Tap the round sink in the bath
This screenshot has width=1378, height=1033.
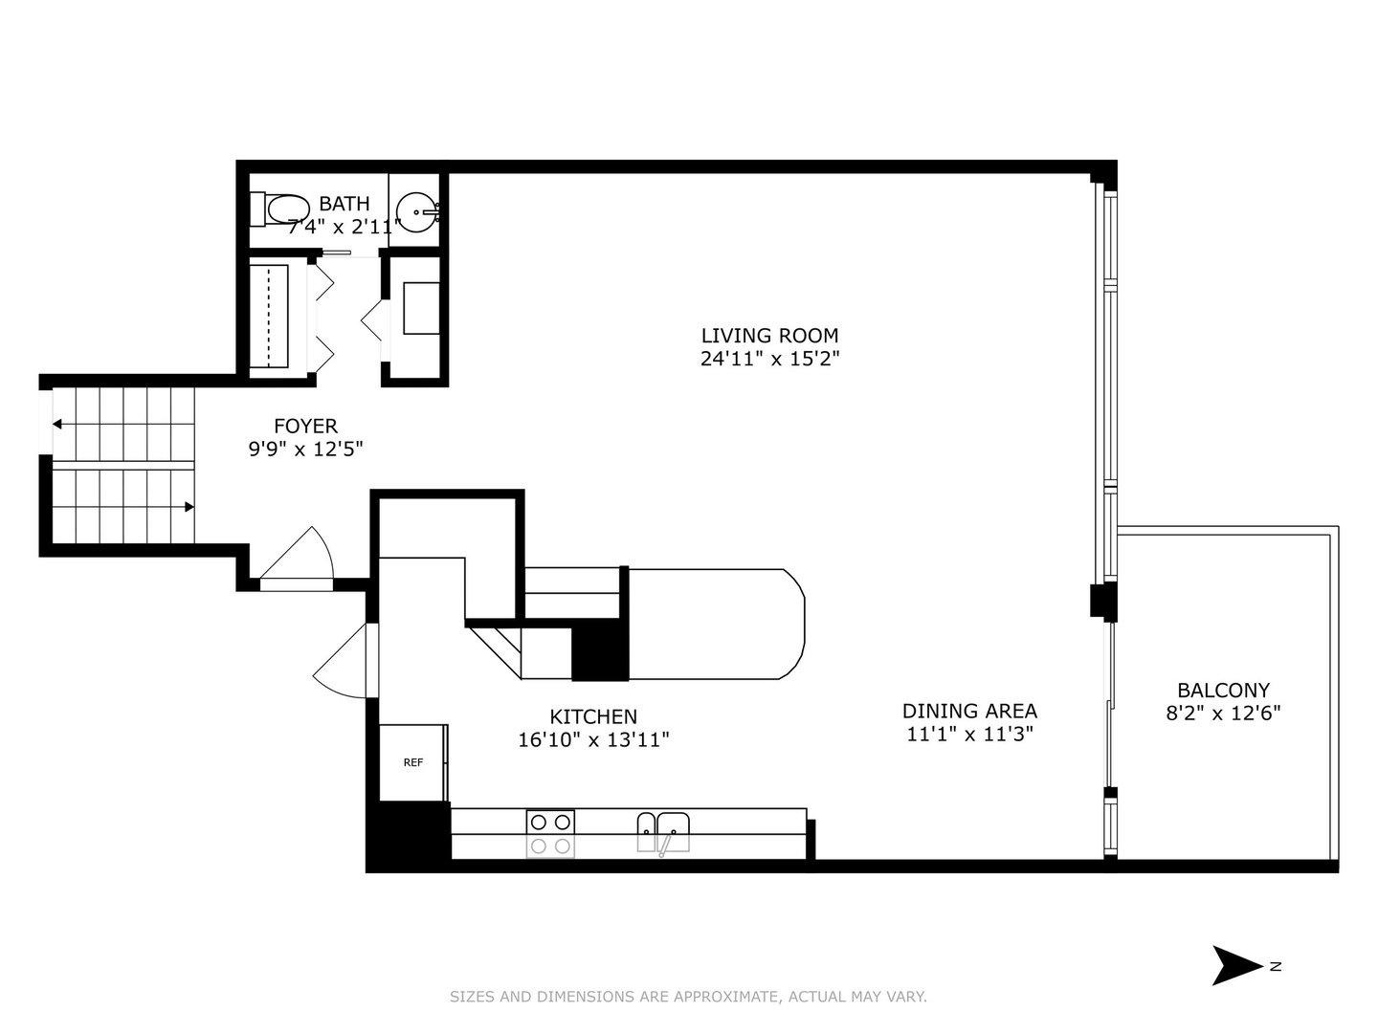click(417, 211)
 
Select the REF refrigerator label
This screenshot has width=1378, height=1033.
click(412, 762)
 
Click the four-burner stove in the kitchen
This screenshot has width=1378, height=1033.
click(550, 833)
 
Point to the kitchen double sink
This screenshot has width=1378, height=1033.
click(663, 831)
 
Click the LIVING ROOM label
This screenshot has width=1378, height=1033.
click(769, 336)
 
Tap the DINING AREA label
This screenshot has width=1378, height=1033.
click(969, 711)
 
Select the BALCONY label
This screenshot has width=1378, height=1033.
click(1223, 690)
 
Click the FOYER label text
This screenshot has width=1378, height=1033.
click(305, 426)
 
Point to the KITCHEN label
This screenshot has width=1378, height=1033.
click(593, 716)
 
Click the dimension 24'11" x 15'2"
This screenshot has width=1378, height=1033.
click(769, 360)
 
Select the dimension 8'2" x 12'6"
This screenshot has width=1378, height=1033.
click(1223, 714)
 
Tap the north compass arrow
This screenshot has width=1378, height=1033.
click(1235, 965)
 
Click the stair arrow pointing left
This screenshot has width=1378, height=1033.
click(58, 424)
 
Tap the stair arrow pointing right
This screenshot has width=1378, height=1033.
click(189, 507)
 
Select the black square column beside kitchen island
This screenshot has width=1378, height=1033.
click(600, 652)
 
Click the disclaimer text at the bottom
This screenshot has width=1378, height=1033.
click(688, 997)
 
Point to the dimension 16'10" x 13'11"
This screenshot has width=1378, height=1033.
click(593, 740)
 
